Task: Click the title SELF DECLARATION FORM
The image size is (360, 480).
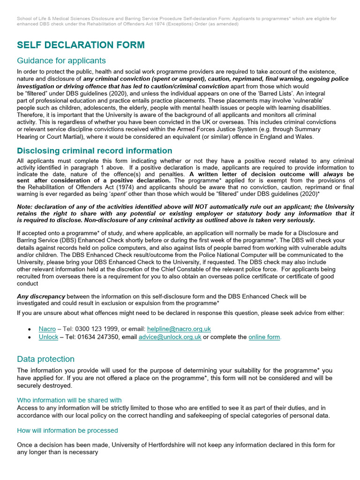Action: tap(81, 45)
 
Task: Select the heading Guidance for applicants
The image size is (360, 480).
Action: tap(61, 60)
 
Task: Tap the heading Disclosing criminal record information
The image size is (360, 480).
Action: tap(94, 150)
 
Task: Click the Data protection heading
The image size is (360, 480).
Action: tap(45, 359)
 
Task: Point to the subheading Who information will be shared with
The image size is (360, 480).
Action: tap(69, 400)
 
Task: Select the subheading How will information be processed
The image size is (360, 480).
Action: tap(67, 430)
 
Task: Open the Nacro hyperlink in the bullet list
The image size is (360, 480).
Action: tap(47, 329)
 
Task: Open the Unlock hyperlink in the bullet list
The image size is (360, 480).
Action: tap(48, 337)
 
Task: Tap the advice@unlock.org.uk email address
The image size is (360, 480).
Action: tap(170, 337)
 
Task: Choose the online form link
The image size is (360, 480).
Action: tap(264, 337)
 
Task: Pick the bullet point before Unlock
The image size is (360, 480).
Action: tap(30, 337)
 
